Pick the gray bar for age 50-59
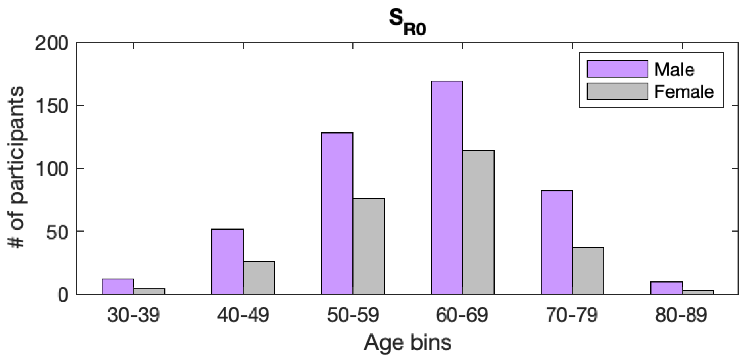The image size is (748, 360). tap(368, 247)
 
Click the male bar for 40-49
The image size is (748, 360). tap(227, 262)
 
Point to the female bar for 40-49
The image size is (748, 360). tap(259, 278)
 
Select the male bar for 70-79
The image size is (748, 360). tap(557, 243)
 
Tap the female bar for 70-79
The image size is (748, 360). tap(588, 271)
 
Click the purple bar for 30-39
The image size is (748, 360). tap(118, 287)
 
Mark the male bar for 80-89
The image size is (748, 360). tap(666, 288)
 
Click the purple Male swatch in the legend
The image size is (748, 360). tap(617, 69)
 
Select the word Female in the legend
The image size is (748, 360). tap(684, 92)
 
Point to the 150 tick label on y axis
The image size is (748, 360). tap(51, 106)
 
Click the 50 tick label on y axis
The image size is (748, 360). tap(57, 232)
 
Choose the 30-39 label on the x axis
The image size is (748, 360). tap(133, 315)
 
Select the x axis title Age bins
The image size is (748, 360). tap(408, 343)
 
